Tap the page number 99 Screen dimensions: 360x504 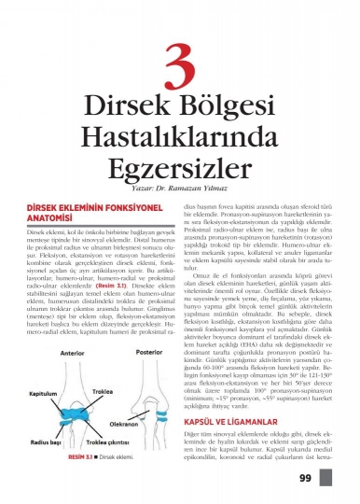tap(331, 478)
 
